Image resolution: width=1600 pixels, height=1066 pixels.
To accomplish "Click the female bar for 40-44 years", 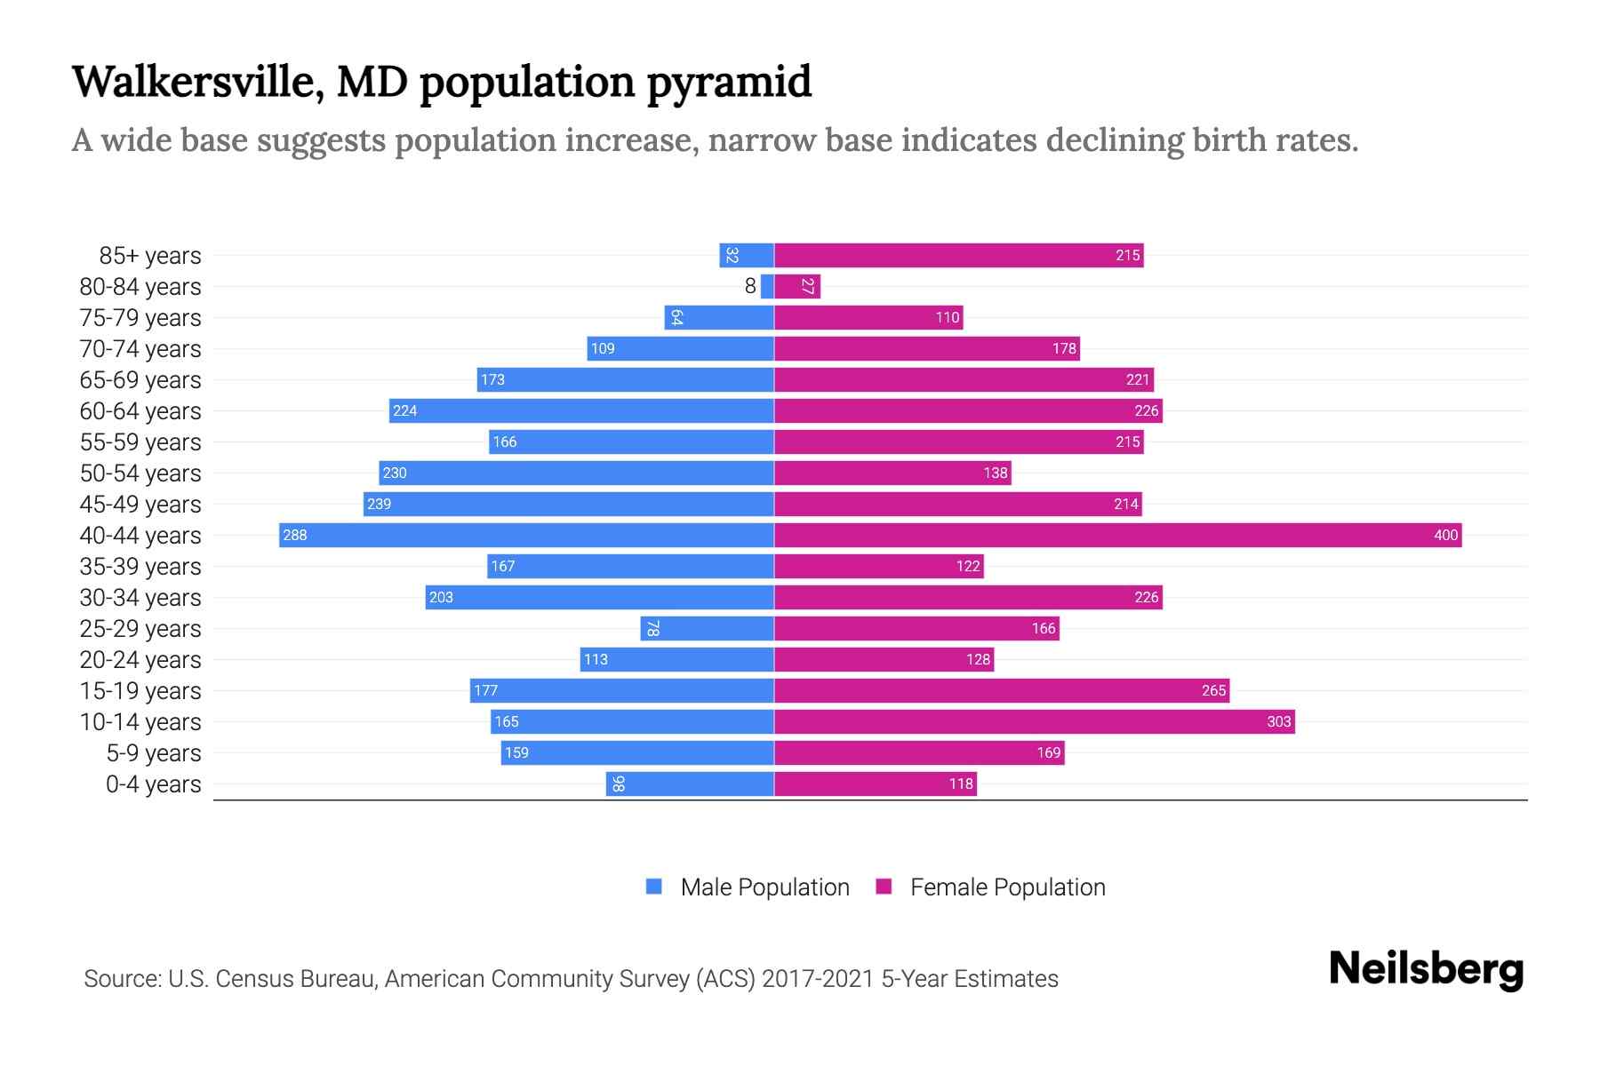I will click(1117, 535).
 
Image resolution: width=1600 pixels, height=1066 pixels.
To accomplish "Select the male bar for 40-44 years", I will click(526, 535).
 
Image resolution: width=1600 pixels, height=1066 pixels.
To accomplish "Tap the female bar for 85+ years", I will click(958, 256).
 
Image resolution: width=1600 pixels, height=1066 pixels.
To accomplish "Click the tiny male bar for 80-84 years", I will click(767, 286).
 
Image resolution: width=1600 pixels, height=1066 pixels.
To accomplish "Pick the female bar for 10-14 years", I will click(1034, 721).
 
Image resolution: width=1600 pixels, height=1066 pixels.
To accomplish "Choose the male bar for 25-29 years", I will click(707, 628).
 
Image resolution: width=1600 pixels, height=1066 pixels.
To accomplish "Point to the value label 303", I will click(1278, 721).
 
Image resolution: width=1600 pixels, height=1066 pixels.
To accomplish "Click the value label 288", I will click(294, 535).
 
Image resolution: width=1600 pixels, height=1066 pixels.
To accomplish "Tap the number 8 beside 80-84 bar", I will click(750, 286).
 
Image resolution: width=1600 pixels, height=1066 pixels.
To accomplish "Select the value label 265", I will click(1213, 690).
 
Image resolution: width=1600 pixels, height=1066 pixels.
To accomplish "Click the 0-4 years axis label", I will click(153, 784).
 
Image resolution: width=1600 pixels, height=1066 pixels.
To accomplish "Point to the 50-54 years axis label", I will click(140, 473).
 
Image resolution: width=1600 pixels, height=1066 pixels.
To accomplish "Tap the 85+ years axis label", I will click(149, 256).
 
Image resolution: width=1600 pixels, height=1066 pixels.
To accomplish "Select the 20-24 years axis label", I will click(140, 660).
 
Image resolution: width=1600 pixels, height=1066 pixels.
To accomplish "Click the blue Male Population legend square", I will click(654, 887).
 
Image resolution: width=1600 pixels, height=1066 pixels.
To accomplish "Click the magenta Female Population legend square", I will click(884, 887).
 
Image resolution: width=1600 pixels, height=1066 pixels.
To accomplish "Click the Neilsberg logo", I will click(1426, 969).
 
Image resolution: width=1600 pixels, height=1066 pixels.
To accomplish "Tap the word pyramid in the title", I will click(729, 82).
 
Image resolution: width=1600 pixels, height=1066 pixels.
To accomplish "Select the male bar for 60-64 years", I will click(581, 410).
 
